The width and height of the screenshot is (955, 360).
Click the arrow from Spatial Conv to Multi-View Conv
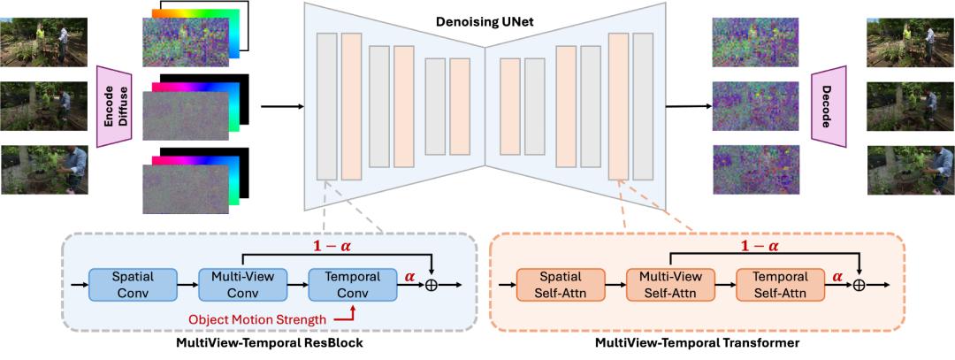pos(187,285)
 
